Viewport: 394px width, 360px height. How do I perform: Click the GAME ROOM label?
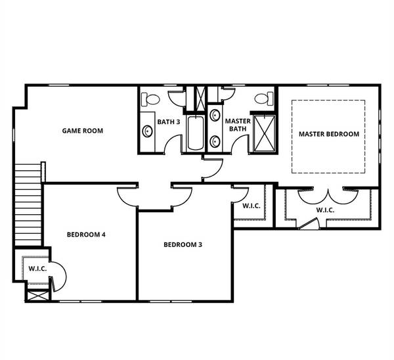pyautogui.click(x=83, y=131)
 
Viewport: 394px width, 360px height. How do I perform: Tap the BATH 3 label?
pyautogui.click(x=169, y=122)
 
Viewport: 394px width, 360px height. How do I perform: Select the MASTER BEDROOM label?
pyautogui.click(x=329, y=134)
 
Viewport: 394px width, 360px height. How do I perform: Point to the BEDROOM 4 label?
pyautogui.click(x=86, y=235)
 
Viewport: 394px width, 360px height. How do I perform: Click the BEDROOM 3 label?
pyautogui.click(x=183, y=244)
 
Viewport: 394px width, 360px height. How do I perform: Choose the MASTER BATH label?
pyautogui.click(x=238, y=125)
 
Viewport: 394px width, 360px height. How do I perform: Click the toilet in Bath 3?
pyautogui.click(x=150, y=99)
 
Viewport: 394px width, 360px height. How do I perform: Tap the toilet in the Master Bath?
pyautogui.click(x=264, y=99)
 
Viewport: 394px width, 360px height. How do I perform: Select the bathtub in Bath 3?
pyautogui.click(x=195, y=133)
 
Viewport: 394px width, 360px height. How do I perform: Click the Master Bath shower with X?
pyautogui.click(x=265, y=133)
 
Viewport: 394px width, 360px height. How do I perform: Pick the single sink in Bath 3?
pyautogui.click(x=147, y=131)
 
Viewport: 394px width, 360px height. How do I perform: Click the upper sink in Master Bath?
pyautogui.click(x=215, y=116)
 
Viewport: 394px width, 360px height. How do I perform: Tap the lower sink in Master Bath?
pyautogui.click(x=215, y=141)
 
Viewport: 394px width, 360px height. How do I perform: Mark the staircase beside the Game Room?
pyautogui.click(x=28, y=204)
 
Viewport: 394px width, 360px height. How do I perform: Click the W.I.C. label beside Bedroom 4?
pyautogui.click(x=37, y=269)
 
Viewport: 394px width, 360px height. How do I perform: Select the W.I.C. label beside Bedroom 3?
pyautogui.click(x=252, y=206)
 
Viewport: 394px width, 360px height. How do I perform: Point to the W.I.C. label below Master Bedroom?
pyautogui.click(x=325, y=210)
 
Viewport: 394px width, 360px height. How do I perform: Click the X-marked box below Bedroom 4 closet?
pyautogui.click(x=37, y=296)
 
